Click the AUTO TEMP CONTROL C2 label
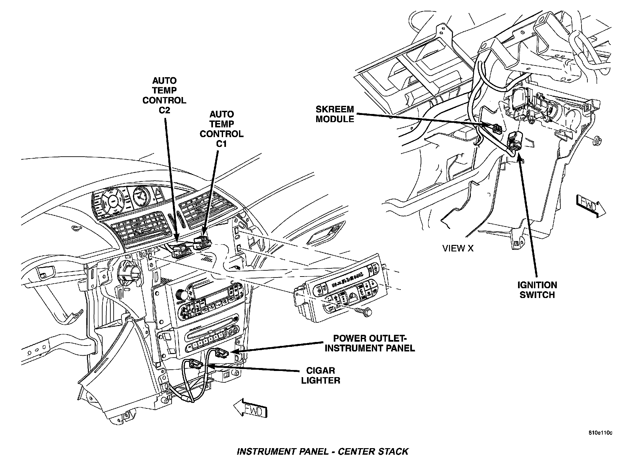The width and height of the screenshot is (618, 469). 164,95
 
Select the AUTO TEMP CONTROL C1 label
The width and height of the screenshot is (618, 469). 221,129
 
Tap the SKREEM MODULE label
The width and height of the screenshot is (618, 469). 335,114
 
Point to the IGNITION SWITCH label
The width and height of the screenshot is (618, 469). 537,290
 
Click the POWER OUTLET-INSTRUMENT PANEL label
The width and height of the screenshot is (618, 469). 370,343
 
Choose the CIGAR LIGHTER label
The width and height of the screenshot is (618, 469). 320,375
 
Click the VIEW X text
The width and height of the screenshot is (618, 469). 458,248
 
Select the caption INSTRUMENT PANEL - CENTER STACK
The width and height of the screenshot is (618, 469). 322,451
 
